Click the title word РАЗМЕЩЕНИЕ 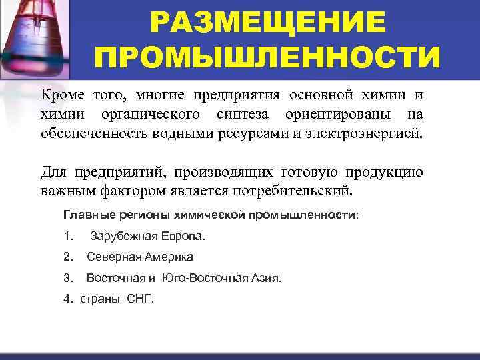[x=267, y=23]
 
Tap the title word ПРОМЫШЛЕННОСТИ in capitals [x=267, y=57]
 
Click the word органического [x=157, y=114]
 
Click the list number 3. [x=67, y=277]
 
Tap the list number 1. [x=67, y=236]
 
